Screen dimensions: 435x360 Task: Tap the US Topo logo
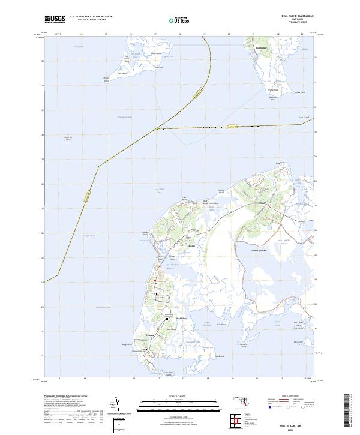[179, 20]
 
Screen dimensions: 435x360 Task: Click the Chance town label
[175, 245]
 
